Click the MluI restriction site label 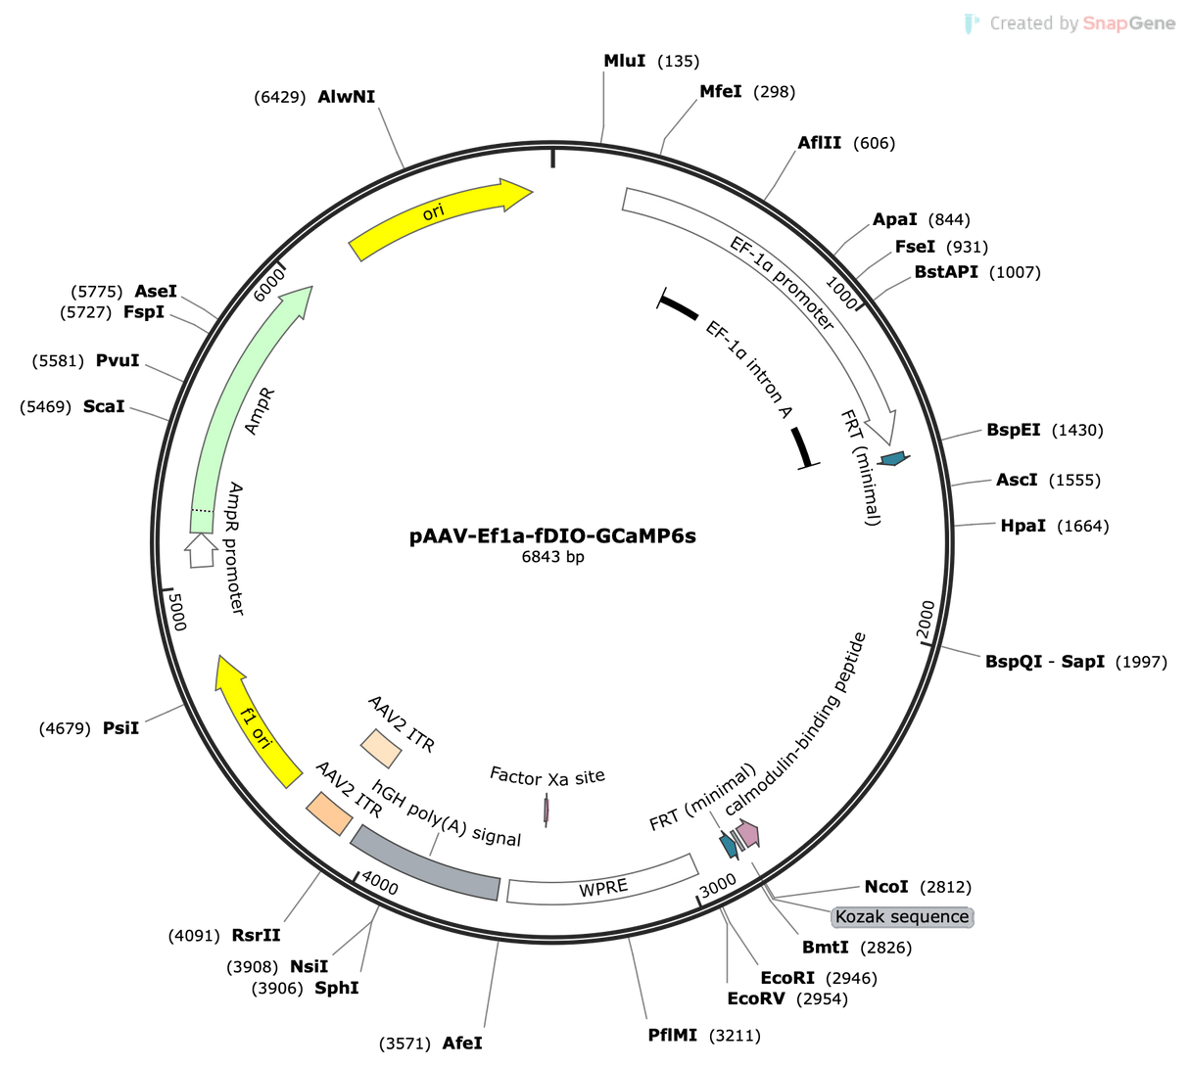coord(625,61)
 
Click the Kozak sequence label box coord(902,917)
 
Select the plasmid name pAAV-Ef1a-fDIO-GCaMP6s coord(552,536)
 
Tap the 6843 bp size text coord(552,557)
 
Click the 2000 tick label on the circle coord(926,620)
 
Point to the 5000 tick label coord(176,612)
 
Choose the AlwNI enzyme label coord(347,97)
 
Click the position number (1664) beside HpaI coord(1083,527)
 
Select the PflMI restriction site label coord(673,1036)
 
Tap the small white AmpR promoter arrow coord(202,550)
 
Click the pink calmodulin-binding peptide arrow coord(748,834)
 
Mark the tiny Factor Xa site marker coord(547,811)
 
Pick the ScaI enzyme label coord(104,406)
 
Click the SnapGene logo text coord(1128,23)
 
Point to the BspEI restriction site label coord(1014,430)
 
